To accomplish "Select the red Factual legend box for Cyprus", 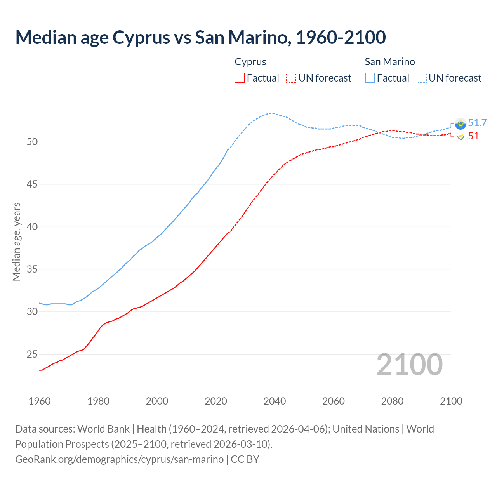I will coord(240,78).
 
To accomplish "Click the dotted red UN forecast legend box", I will coord(291,78).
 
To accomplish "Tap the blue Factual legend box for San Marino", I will coord(370,78).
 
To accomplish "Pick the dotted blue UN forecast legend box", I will coord(422,78).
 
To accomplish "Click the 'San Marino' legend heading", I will coord(389,62).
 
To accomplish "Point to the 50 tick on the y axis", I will coord(32,142).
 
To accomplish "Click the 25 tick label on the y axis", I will coord(32,354).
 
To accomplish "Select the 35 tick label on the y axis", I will coord(32,269).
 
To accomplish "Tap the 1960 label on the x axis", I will coord(40,401).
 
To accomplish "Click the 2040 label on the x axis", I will coord(275,401).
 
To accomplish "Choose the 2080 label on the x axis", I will coord(392,401).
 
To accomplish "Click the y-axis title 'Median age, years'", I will coord(16,242).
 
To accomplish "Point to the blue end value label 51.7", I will coord(477,123).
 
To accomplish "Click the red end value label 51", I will coord(473,136).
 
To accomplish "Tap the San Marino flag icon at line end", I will coord(461,123).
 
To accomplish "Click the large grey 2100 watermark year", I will coord(409,364).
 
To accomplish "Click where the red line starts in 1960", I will coord(40,370).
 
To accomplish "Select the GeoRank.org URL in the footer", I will coord(119,459).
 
